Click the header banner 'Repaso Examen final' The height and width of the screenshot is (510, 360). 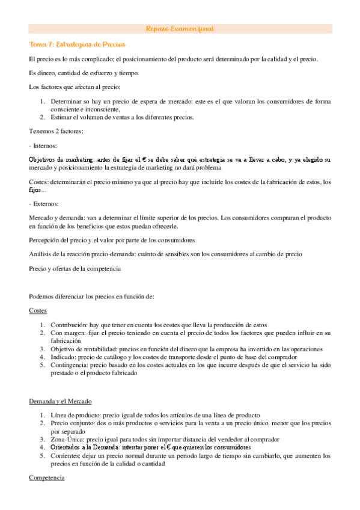click(180, 29)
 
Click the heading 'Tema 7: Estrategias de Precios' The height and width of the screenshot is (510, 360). click(77, 45)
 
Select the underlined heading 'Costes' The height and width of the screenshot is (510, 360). click(37, 310)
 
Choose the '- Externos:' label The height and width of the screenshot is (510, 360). click(44, 204)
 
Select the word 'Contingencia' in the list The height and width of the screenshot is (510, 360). click(71, 364)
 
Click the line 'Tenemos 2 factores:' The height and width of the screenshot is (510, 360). click(56, 131)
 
